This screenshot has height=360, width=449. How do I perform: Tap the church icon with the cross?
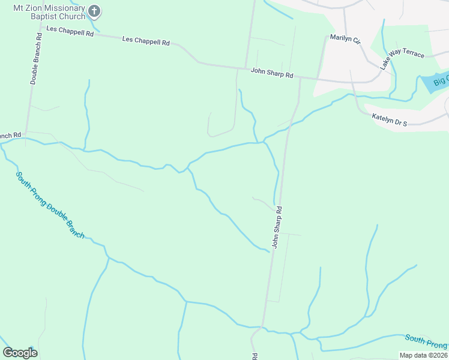[x=94, y=11]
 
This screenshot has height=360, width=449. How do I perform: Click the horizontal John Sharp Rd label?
[x=272, y=73]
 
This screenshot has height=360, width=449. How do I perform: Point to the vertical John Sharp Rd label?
[x=277, y=227]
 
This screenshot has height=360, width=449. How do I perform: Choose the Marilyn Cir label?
[x=345, y=40]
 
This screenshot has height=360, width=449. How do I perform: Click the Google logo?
[x=20, y=352]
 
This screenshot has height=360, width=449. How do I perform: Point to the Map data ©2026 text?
[x=423, y=355]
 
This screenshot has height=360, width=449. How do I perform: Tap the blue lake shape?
[x=433, y=82]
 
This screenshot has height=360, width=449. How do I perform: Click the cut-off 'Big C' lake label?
[x=441, y=80]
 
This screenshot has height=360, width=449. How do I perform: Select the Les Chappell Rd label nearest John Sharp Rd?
[x=146, y=41]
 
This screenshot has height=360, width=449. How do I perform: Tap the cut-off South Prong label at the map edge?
[x=426, y=341]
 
